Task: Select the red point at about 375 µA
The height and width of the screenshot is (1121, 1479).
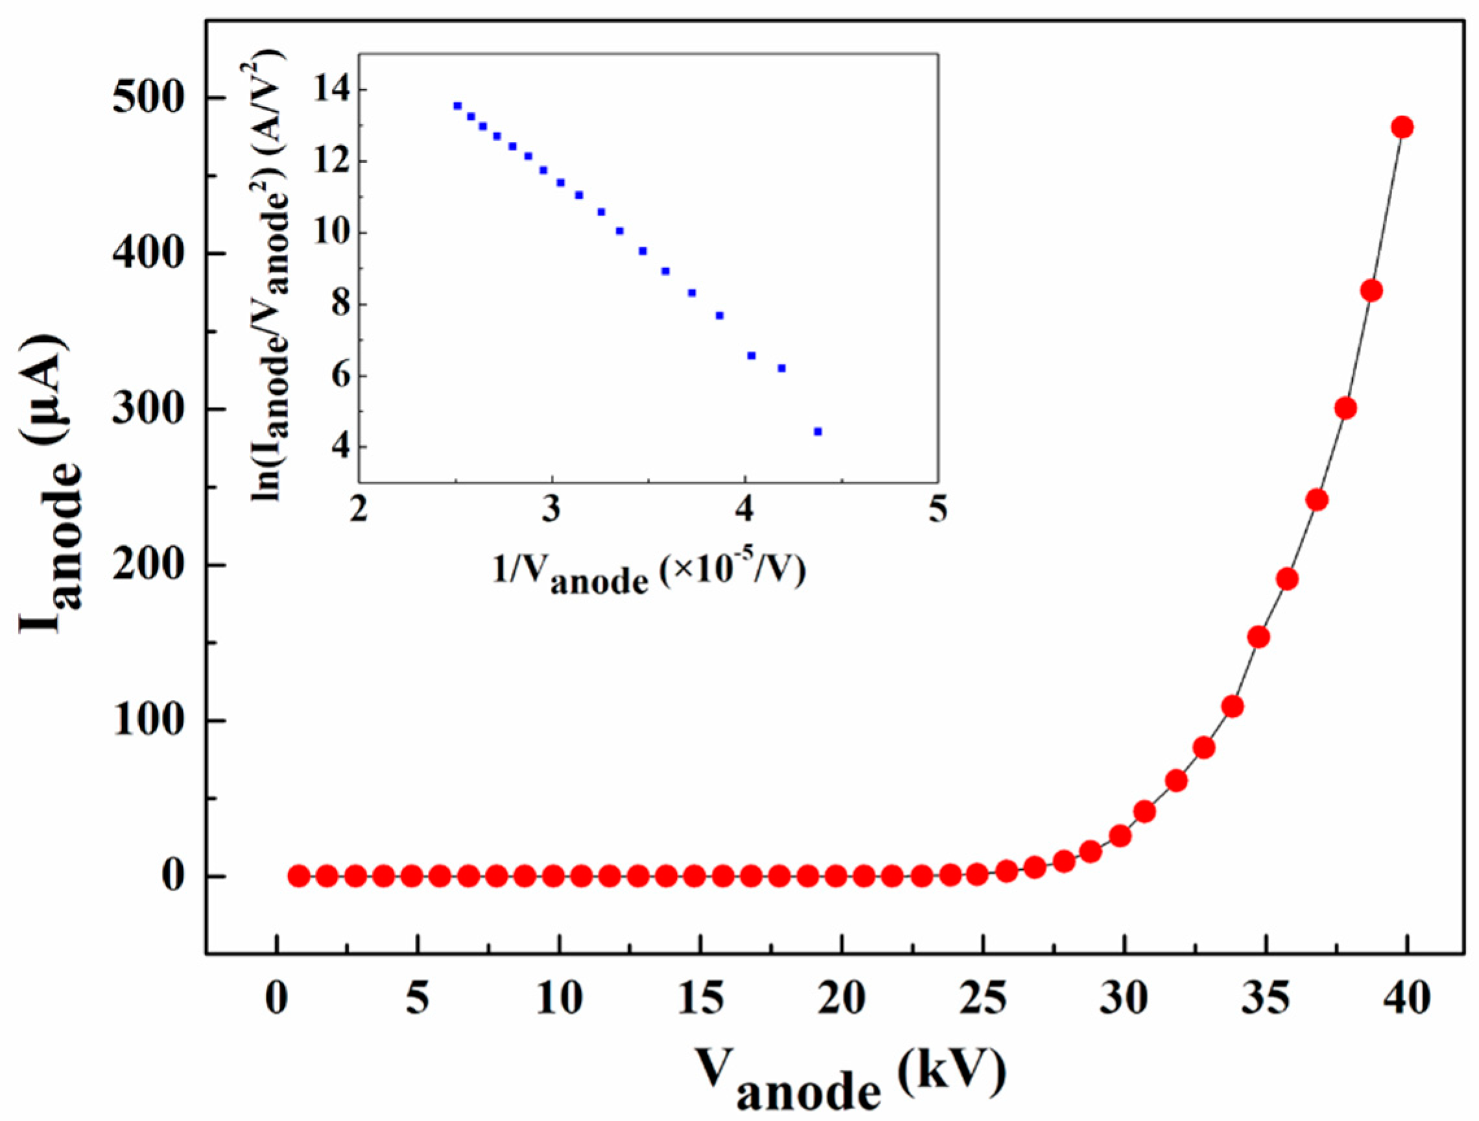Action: [1371, 291]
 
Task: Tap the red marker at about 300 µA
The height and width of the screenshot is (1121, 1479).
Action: [1345, 408]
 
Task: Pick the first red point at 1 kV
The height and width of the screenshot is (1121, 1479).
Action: [298, 876]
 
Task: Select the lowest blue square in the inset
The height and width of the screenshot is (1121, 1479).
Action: [817, 431]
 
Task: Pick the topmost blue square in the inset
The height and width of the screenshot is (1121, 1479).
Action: [457, 106]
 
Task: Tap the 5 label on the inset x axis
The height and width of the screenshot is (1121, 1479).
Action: [938, 512]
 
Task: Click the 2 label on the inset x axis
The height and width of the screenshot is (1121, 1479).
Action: [359, 512]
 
